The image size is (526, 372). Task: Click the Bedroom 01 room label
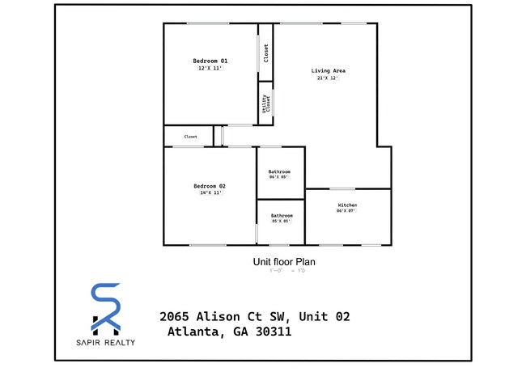(210, 61)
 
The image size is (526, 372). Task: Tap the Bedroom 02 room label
(210, 185)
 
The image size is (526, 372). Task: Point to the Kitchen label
(347, 205)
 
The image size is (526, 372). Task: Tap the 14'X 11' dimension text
(210, 192)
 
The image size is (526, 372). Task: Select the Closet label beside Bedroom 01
(265, 53)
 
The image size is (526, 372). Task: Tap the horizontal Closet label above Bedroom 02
(191, 137)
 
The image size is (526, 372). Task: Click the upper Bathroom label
(280, 172)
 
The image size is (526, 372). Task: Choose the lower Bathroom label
(282, 215)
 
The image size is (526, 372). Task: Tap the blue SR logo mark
(105, 308)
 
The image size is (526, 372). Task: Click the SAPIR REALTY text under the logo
(105, 342)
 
